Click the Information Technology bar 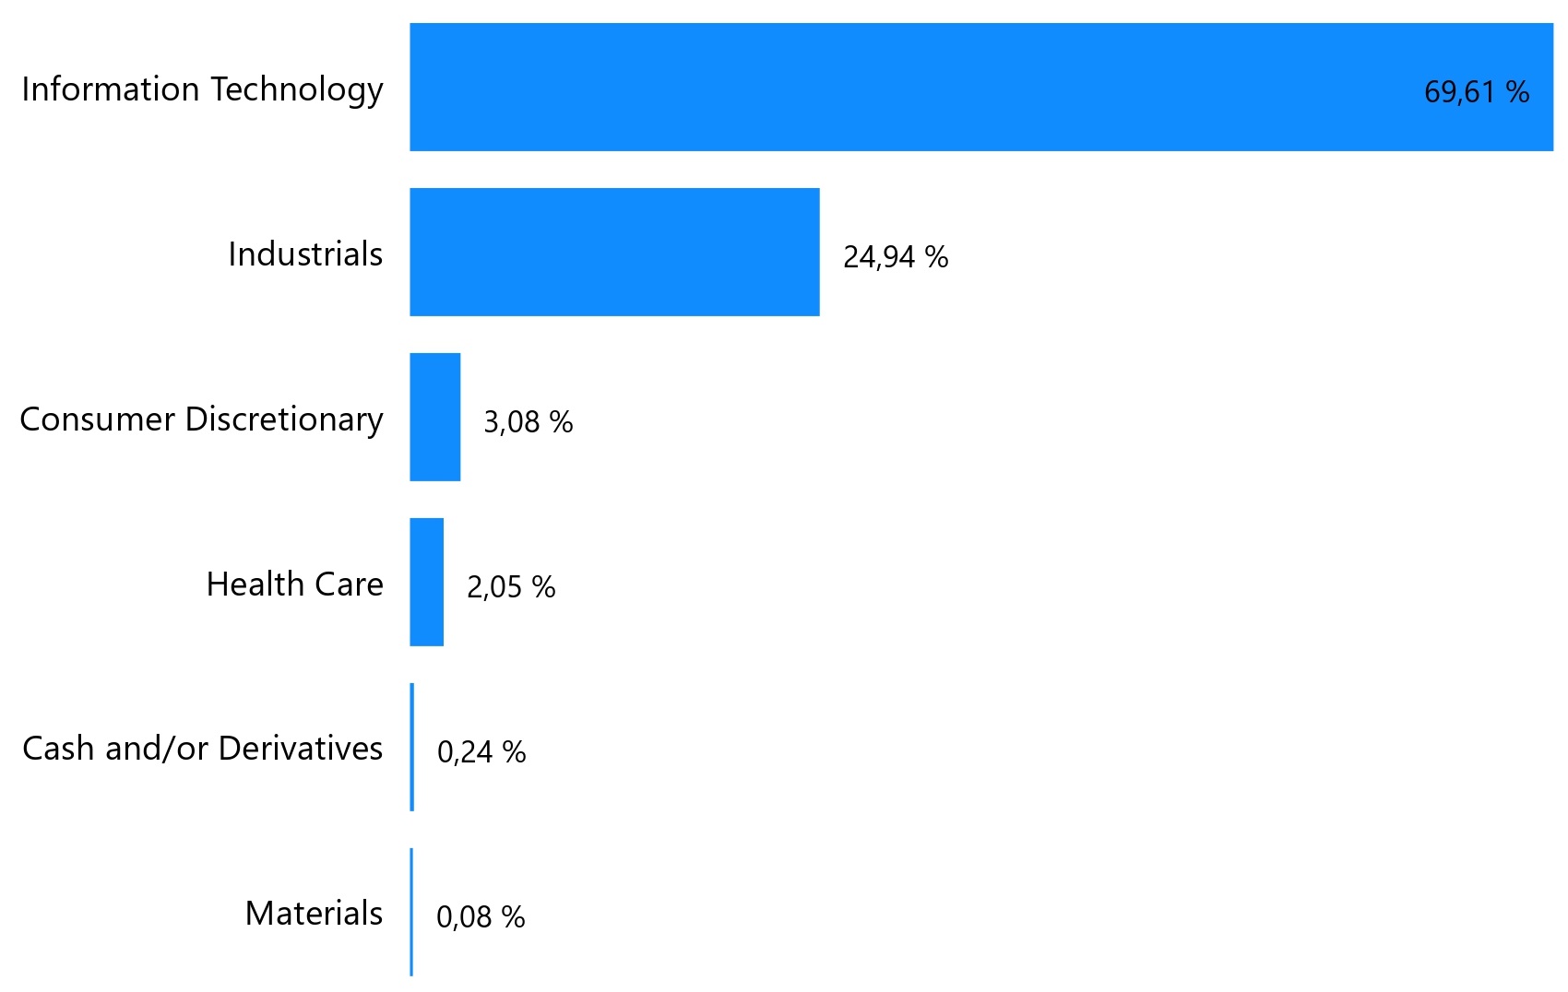(x=922, y=88)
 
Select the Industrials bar (x=614, y=253)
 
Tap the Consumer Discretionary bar (x=435, y=417)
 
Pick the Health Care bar (x=427, y=582)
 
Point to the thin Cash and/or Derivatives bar (x=412, y=747)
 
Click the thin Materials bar (x=411, y=912)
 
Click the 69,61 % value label (x=1476, y=91)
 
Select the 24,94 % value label (x=895, y=256)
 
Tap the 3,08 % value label (x=528, y=421)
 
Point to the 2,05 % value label (x=510, y=586)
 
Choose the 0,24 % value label (x=481, y=751)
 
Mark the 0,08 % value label (x=480, y=916)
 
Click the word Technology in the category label (x=296, y=89)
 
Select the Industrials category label (x=304, y=254)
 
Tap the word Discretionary (x=283, y=419)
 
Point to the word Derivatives (x=300, y=748)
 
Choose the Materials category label (x=313, y=913)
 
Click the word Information (x=110, y=89)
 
